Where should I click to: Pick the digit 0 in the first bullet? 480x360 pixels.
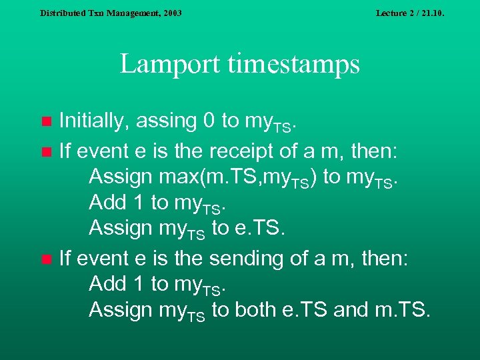coord(208,121)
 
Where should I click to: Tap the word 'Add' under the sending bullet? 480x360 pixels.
coord(107,283)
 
